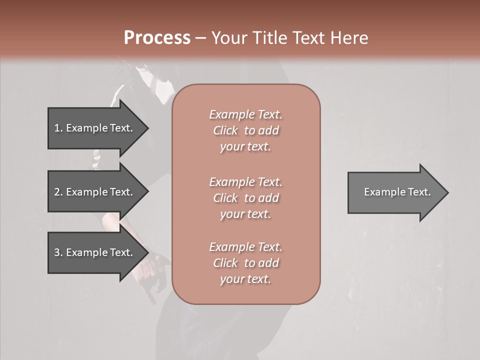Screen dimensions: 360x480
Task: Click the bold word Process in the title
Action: [x=157, y=38]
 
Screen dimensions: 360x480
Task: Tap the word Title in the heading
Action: [x=268, y=38]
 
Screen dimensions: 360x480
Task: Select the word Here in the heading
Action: [x=348, y=38]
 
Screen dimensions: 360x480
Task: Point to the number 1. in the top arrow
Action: [x=58, y=128]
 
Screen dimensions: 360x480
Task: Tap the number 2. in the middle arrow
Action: [x=58, y=192]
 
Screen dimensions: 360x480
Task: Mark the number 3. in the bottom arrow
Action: [x=58, y=252]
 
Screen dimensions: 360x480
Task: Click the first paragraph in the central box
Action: [x=246, y=130]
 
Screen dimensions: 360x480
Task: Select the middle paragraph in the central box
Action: [x=246, y=197]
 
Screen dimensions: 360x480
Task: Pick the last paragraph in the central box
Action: [x=246, y=263]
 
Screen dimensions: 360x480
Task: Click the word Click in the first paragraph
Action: [x=225, y=130]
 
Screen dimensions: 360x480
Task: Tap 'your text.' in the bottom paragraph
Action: [x=245, y=279]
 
